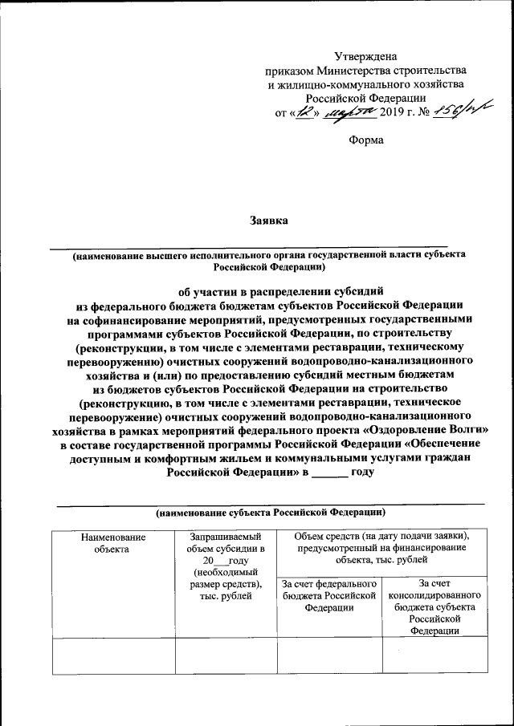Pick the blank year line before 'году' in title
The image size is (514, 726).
329,473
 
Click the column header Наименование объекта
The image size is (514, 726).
112,542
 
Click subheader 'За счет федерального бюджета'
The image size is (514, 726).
330,595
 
